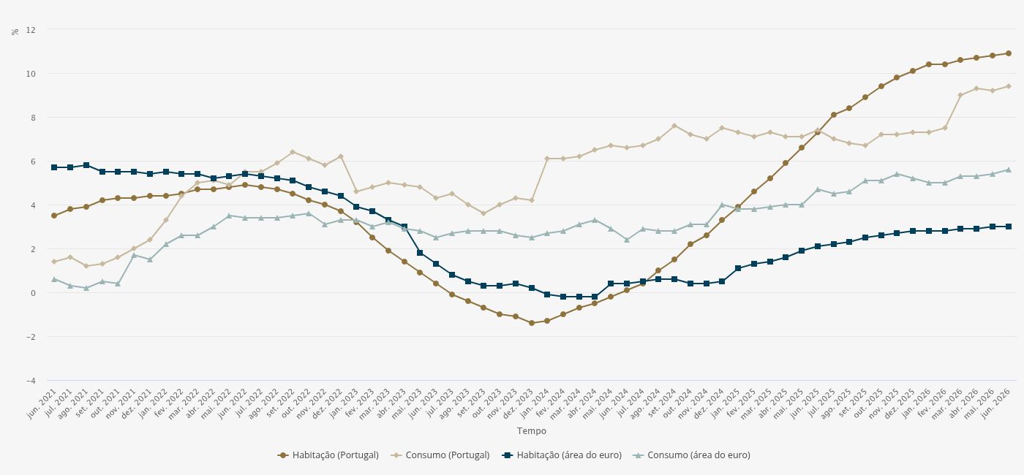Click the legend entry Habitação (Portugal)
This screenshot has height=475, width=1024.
point(328,455)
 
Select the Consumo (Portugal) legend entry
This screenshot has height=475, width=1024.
point(440,455)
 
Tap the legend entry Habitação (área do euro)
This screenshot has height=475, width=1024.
point(562,455)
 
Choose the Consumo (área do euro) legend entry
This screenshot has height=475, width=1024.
point(692,455)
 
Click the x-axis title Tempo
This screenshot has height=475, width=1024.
point(531,430)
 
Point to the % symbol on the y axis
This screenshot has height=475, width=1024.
point(15,31)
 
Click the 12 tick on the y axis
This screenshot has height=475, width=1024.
point(31,30)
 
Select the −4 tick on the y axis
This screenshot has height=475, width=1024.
point(31,381)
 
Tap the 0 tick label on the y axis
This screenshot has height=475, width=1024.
point(33,293)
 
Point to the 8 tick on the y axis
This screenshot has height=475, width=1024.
point(33,118)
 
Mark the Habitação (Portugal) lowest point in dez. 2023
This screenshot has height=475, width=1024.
point(531,323)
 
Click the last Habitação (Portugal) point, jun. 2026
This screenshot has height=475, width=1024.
point(1009,53)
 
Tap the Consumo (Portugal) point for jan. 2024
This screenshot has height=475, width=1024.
point(547,159)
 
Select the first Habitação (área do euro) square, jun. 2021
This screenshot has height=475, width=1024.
point(54,167)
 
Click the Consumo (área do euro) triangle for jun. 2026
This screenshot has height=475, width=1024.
point(1009,170)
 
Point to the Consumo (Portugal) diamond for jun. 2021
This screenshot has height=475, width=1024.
point(54,262)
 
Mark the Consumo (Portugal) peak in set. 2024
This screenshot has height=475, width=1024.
point(674,126)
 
